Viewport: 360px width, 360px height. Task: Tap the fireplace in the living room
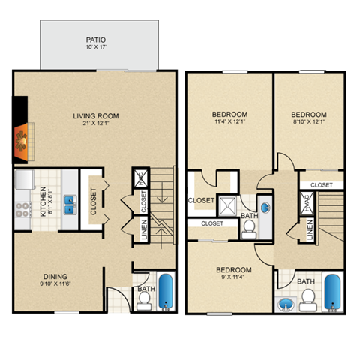point(22,139)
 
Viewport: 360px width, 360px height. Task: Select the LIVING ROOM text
point(96,116)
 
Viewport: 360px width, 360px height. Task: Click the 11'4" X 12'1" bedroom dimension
point(229,122)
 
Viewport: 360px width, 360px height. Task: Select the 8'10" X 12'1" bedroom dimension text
point(309,122)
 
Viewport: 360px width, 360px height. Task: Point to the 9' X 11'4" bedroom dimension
point(232,276)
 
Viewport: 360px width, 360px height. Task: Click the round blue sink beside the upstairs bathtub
point(286,304)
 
